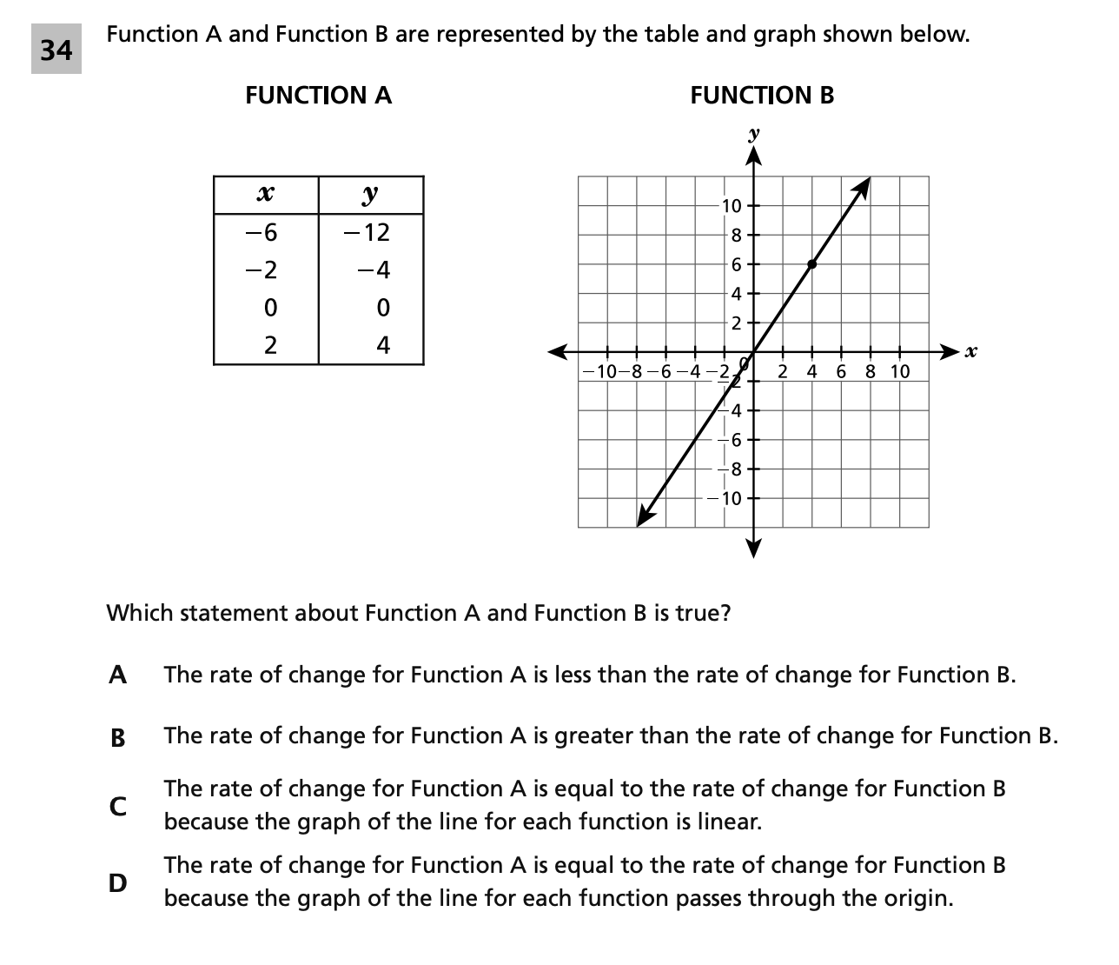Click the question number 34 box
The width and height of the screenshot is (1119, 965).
(56, 50)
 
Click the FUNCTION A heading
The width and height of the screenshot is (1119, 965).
(318, 96)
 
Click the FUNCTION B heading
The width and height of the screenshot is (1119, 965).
(762, 96)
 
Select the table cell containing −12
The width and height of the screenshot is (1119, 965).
(371, 233)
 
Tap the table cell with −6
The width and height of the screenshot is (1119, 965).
(266, 233)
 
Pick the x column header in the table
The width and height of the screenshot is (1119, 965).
(266, 194)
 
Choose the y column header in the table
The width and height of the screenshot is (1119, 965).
(371, 194)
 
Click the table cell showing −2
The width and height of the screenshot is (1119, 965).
(266, 270)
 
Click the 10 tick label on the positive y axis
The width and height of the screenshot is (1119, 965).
(732, 207)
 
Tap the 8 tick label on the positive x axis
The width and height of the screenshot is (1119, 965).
(871, 372)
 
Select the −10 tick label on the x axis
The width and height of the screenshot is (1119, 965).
(601, 372)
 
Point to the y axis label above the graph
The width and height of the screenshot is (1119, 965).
(753, 135)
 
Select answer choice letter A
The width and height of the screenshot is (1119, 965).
(118, 675)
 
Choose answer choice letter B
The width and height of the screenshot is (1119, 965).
(118, 738)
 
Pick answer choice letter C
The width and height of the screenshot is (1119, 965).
(118, 806)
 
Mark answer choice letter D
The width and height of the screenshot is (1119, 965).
(118, 882)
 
